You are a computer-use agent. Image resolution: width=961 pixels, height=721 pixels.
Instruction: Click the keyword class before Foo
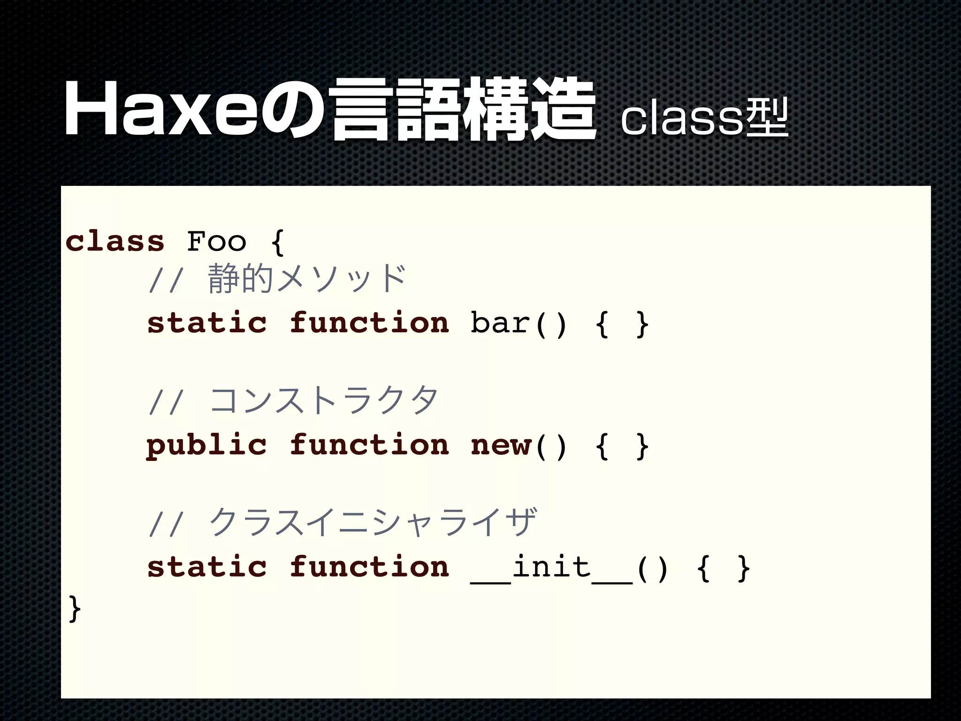pos(115,241)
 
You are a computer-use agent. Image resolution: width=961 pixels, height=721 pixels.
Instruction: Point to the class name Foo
pos(216,241)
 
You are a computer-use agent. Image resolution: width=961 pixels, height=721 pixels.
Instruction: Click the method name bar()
pos(519,323)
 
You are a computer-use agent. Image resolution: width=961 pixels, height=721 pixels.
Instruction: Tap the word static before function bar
pos(207,323)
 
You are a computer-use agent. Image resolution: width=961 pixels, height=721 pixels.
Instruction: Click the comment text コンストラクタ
pos(323,401)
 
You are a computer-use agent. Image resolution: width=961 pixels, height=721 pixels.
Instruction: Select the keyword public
pos(207,445)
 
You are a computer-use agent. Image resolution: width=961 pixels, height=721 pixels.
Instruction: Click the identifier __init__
pos(552,568)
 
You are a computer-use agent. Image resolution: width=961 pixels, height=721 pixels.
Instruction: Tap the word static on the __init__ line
pos(207,567)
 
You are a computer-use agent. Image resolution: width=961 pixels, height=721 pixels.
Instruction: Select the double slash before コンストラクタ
pos(164,403)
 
